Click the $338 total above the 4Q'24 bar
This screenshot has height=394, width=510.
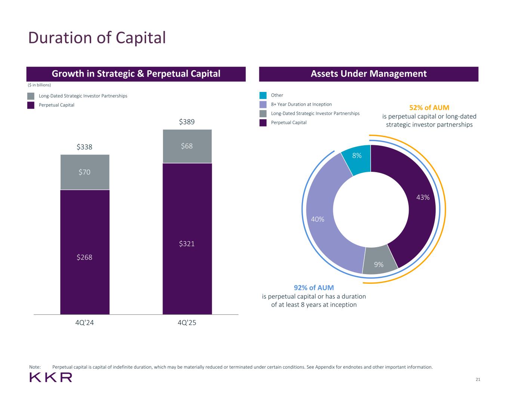[x=84, y=147]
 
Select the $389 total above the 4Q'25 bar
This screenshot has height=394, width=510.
[x=187, y=122]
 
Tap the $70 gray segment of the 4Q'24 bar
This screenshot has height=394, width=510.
[x=85, y=172]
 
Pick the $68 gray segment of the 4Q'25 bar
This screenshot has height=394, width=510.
[x=187, y=146]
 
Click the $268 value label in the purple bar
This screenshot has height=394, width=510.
[x=84, y=257]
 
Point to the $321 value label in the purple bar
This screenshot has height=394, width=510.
[x=187, y=244]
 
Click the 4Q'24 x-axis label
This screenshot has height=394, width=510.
[x=84, y=323]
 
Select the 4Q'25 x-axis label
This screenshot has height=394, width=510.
[x=187, y=323]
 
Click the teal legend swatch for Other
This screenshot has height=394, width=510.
[x=263, y=95]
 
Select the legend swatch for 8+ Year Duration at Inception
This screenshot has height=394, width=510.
[x=263, y=105]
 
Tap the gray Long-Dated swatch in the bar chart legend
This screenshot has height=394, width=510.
[x=31, y=96]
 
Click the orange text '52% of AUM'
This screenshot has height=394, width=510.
[x=429, y=108]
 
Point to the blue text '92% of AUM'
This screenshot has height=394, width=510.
[x=314, y=288]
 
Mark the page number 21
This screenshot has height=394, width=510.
[x=478, y=380]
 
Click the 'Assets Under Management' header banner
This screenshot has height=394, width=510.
[x=368, y=74]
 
